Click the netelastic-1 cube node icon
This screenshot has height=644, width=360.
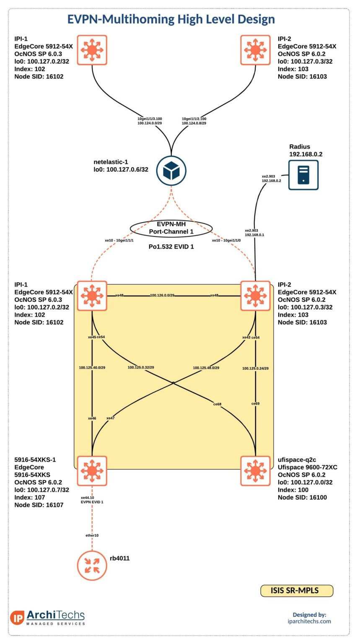tap(171, 171)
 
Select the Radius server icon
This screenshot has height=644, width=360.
tap(303, 175)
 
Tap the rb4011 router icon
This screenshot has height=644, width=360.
tap(92, 565)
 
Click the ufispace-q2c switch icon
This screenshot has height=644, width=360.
tap(255, 471)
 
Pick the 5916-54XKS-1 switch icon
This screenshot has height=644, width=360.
tap(92, 471)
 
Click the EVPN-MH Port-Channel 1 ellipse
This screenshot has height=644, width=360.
tap(171, 228)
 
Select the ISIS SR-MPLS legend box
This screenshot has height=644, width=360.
tap(297, 590)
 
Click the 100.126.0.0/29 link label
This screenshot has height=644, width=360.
tap(162, 296)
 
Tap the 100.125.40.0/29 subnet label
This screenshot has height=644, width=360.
tap(92, 368)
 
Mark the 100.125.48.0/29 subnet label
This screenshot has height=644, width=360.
tap(206, 368)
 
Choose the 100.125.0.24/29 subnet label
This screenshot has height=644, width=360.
tap(255, 368)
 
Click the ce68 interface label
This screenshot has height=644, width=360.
tap(217, 404)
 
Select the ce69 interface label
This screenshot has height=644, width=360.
tap(255, 403)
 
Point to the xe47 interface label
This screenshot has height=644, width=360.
tap(110, 418)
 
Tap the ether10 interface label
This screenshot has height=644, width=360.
tap(92, 535)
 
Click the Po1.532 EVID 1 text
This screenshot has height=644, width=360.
tap(171, 247)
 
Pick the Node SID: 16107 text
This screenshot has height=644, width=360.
tap(39, 505)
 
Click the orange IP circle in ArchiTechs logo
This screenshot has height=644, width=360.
tap(17, 618)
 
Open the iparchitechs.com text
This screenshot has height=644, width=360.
tap(309, 621)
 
